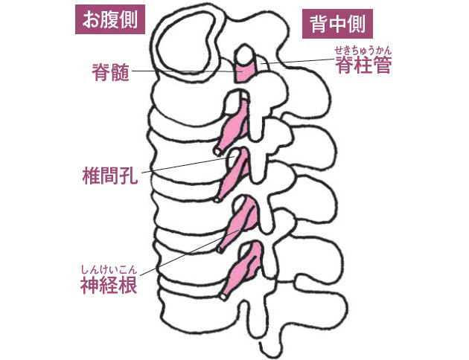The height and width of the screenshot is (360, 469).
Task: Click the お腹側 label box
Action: pos(110,19)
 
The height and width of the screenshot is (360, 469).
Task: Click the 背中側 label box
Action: pos(337,24)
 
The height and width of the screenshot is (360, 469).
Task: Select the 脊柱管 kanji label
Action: pos(363,65)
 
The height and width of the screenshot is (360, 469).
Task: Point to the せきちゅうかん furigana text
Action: pos(363,50)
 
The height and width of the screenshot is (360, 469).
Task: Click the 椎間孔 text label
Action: pos(110,176)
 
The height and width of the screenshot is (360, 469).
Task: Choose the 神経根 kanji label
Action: pos(109,285)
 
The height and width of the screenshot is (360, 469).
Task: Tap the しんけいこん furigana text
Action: pos(109,270)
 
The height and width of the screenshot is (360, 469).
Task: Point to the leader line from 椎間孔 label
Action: pos(188,165)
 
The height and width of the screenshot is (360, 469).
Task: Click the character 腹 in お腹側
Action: pos(109,19)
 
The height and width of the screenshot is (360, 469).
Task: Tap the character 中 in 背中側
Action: pos(337,24)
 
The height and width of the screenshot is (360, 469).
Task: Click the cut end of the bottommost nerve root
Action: pos(223,296)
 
